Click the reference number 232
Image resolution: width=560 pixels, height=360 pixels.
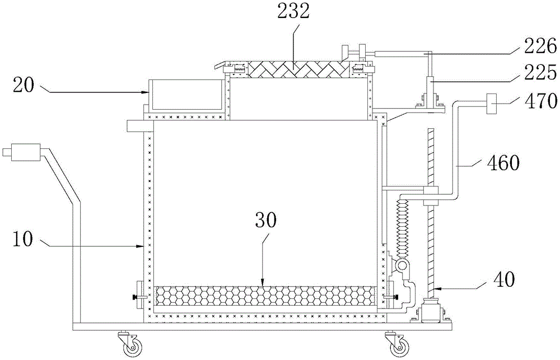pos(293,11)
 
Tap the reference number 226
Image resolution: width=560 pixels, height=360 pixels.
pos(540,46)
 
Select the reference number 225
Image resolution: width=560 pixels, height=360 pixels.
pos(540,73)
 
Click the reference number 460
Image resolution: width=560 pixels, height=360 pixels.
pos(503,163)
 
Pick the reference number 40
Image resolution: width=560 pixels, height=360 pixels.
pos(503,279)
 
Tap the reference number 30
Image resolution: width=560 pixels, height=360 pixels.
pos(265,221)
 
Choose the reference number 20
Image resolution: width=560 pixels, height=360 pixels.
pos(24,85)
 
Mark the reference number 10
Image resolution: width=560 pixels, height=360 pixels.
pos(22,239)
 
